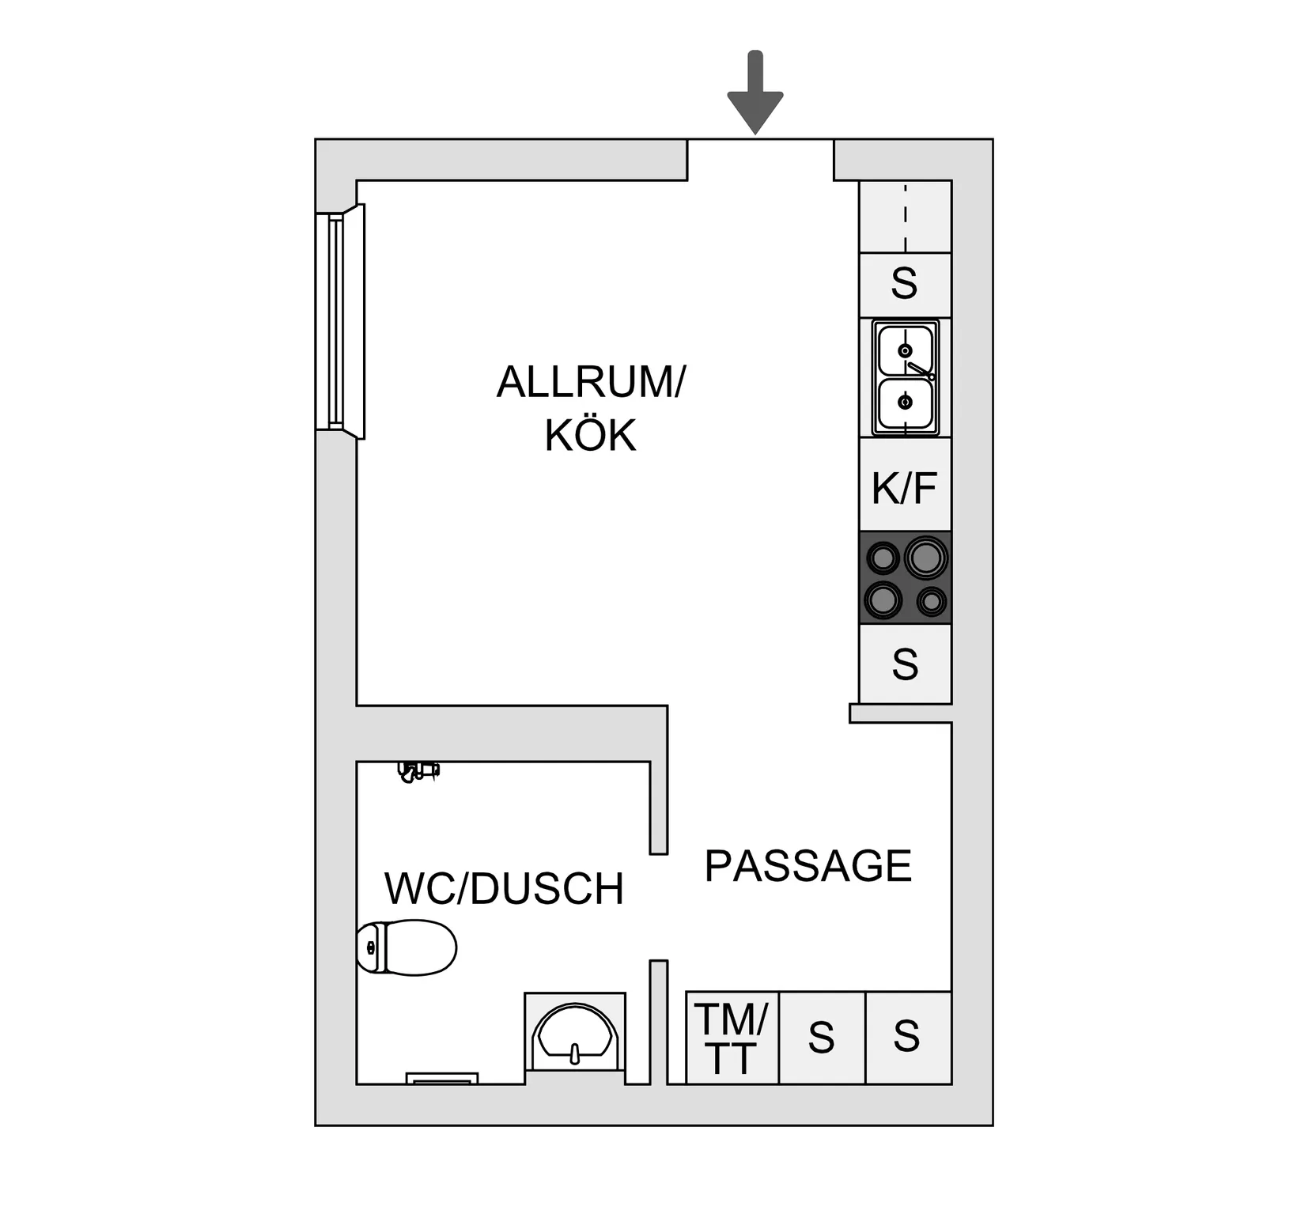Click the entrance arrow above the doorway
click(755, 92)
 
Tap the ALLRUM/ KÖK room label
click(591, 408)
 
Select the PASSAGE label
click(808, 866)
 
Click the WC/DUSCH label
click(504, 888)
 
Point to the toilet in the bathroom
click(407, 947)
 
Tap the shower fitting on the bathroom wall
click(418, 771)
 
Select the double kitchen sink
click(906, 377)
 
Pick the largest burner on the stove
click(925, 558)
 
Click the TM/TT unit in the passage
click(732, 1038)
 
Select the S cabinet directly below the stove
click(906, 664)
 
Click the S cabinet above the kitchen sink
click(906, 285)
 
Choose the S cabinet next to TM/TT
click(823, 1038)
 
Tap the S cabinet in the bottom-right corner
click(909, 1038)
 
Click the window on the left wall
click(340, 321)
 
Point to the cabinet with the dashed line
click(906, 217)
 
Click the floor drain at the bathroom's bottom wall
click(442, 1079)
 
